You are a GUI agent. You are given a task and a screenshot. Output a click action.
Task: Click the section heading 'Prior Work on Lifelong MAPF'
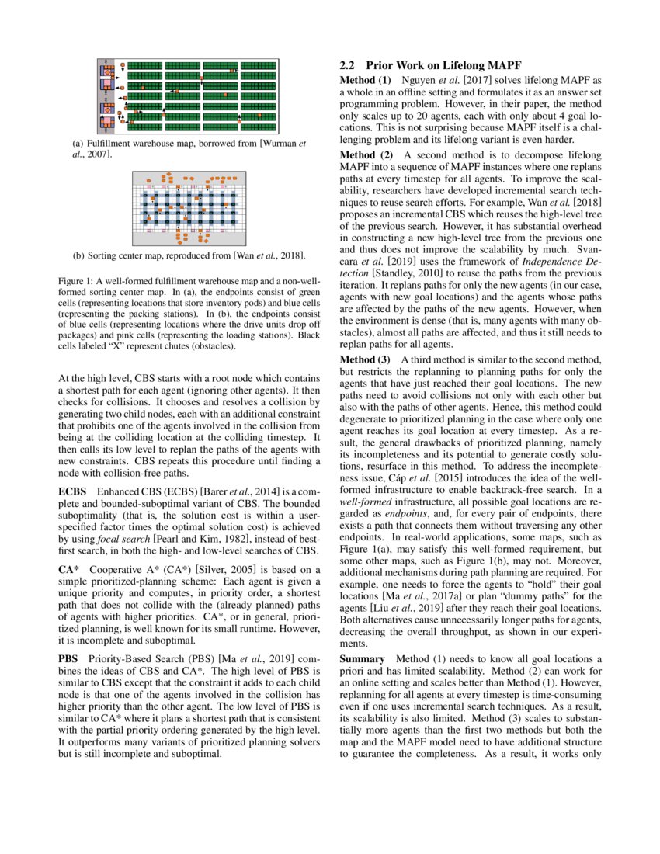point(443,65)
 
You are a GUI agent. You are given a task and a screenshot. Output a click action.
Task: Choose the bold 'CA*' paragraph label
point(69,569)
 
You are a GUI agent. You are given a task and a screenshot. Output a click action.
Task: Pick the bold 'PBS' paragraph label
point(69,658)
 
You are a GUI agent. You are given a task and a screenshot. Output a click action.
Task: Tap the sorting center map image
point(189,207)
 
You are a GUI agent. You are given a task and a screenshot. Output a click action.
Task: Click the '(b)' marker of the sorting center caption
point(78,255)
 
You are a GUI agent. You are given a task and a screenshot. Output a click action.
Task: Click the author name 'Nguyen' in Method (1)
point(420,80)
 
